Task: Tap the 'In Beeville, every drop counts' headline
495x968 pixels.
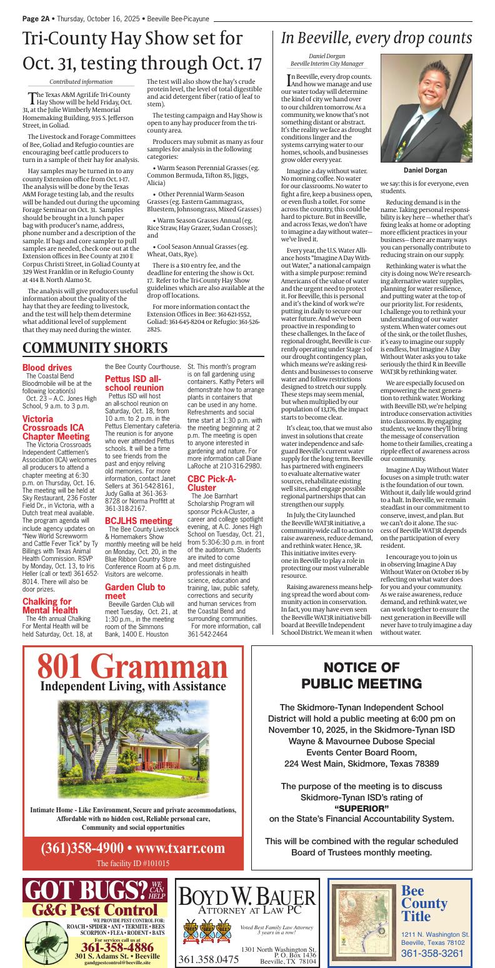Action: [x=376, y=38]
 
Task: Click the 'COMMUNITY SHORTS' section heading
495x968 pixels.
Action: [x=95, y=348]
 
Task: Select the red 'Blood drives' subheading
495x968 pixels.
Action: [x=47, y=368]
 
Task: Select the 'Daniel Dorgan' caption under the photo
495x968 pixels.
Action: [x=426, y=170]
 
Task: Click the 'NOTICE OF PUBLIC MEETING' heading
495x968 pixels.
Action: [x=361, y=675]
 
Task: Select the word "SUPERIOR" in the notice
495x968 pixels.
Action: [x=362, y=808]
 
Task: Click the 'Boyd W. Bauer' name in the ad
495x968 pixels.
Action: [x=247, y=895]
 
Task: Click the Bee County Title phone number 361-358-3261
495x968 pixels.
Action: [x=432, y=953]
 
